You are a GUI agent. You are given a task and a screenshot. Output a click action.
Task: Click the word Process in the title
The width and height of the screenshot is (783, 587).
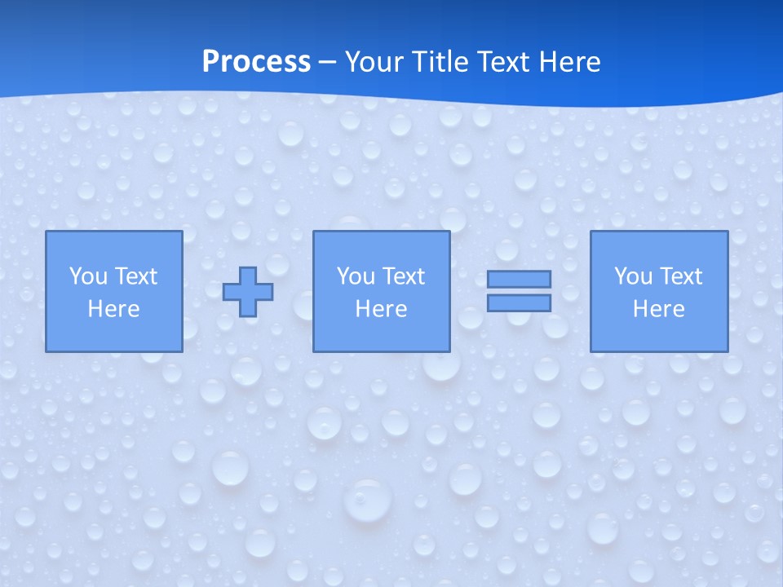(256, 62)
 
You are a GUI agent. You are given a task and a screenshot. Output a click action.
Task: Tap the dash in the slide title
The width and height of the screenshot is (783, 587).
(328, 62)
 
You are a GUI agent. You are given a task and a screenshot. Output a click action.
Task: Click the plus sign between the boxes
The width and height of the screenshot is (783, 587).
(248, 292)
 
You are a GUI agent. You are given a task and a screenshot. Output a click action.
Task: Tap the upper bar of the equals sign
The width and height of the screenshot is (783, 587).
(519, 279)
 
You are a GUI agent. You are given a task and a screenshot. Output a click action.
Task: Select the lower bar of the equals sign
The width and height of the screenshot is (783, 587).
(519, 302)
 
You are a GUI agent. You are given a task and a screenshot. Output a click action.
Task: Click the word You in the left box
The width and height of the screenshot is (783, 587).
(88, 276)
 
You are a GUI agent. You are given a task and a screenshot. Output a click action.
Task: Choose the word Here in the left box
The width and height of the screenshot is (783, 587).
(113, 309)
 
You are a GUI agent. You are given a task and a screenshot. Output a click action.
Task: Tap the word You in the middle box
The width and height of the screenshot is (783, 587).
(356, 276)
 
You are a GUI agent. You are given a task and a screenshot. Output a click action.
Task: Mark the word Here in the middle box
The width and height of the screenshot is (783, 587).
(381, 309)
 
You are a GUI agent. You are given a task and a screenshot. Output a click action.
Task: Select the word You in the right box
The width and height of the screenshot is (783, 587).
(633, 276)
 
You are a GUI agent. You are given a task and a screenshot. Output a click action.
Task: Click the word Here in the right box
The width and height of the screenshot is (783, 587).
(658, 309)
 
